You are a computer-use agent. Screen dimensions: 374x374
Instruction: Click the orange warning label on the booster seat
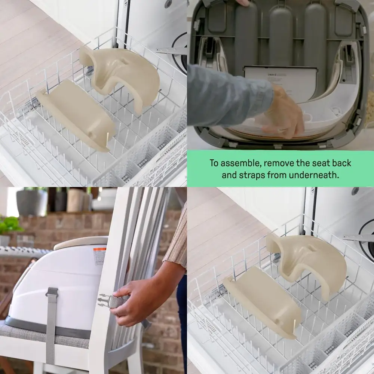point(99,256)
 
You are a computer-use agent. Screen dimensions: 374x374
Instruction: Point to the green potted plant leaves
point(9,224)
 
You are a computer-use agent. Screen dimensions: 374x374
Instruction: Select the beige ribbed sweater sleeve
point(178,239)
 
